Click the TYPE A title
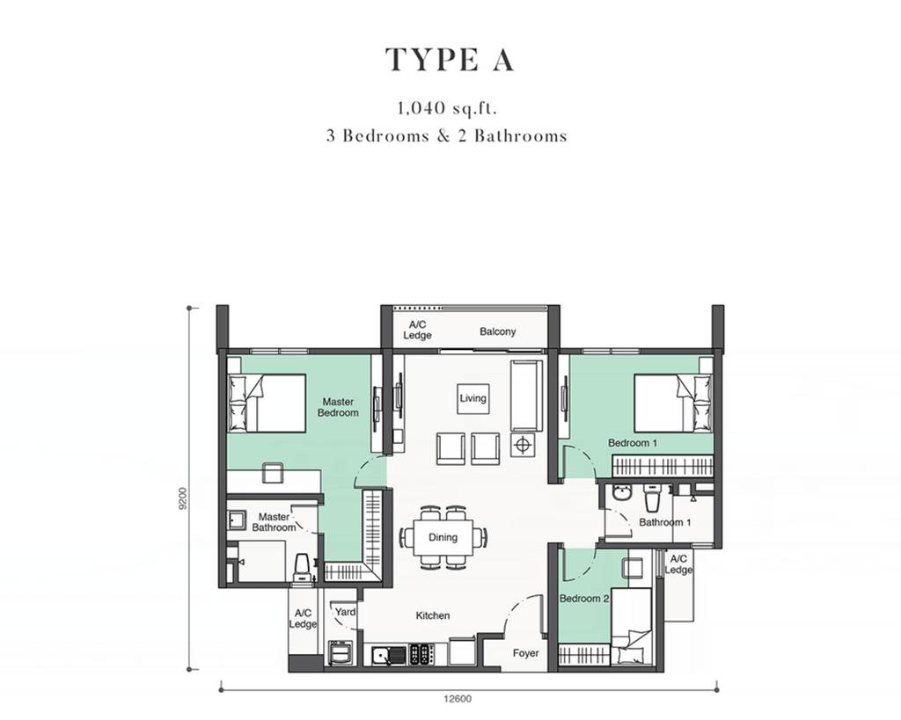(450, 60)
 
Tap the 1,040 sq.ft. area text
(446, 108)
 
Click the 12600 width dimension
(458, 699)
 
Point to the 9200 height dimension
(183, 498)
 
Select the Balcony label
(498, 331)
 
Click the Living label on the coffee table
(472, 398)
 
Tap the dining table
(443, 537)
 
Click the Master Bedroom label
(338, 407)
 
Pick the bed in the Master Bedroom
(267, 403)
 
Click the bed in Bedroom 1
(673, 403)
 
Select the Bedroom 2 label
(584, 599)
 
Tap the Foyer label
(526, 653)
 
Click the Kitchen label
(433, 615)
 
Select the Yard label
(345, 612)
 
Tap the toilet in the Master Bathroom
(303, 568)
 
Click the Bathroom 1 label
(665, 522)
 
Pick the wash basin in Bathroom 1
(620, 494)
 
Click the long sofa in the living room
(526, 396)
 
